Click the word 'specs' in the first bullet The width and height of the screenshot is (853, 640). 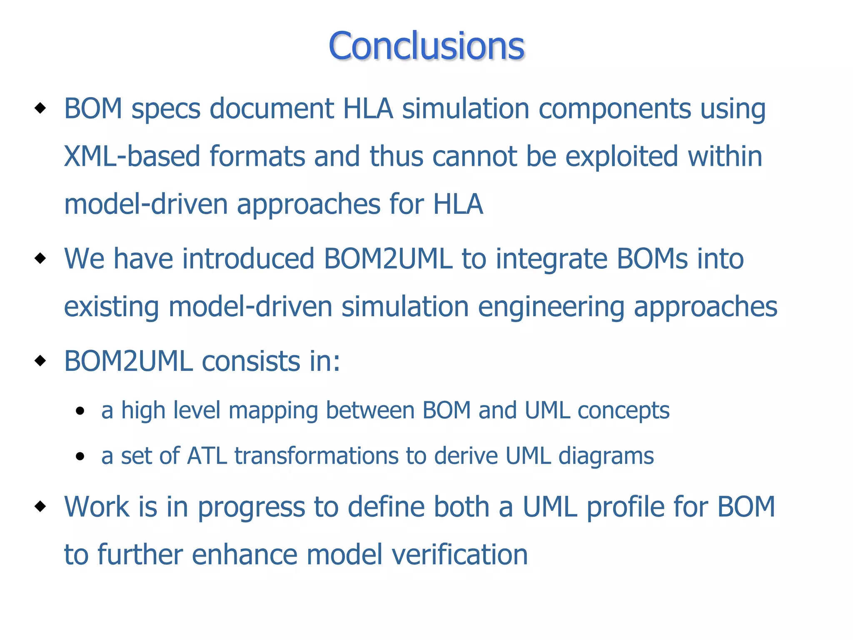click(166, 109)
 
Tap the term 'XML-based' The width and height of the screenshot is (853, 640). click(132, 157)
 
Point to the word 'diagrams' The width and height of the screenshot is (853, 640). click(606, 457)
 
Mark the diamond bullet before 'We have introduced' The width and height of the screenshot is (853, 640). click(40, 258)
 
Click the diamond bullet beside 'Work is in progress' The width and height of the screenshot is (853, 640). click(40, 507)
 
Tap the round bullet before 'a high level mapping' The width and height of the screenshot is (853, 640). click(80, 412)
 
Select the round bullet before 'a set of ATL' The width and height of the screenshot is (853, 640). click(80, 457)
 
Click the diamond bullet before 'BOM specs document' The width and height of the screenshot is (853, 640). click(40, 108)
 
